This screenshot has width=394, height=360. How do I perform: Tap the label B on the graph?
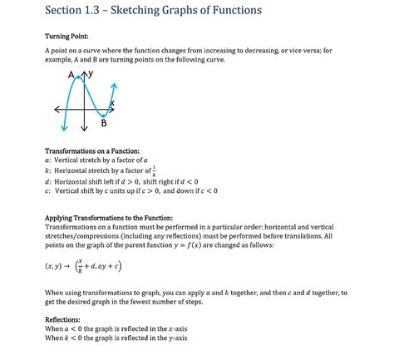104,124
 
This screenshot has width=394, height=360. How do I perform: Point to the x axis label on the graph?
111,102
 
